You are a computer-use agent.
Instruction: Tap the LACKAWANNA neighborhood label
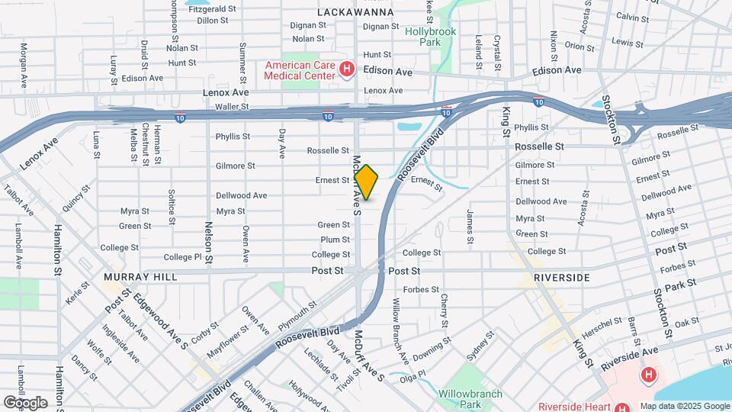355,12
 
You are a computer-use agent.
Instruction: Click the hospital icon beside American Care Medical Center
347,70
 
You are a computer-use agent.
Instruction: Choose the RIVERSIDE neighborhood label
562,276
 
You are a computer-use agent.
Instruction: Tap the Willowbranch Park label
470,399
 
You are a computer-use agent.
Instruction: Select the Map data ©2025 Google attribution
684,406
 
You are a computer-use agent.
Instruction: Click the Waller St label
233,107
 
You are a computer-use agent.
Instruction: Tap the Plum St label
335,240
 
